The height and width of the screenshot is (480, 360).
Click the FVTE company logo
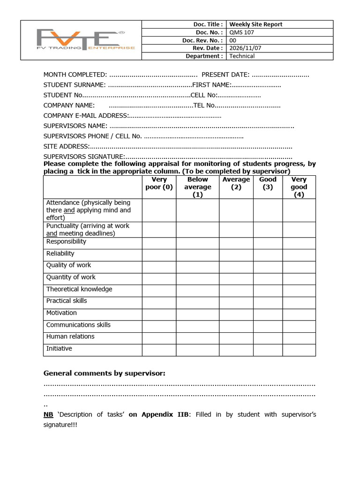coord(81,40)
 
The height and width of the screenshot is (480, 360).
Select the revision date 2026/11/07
coord(245,48)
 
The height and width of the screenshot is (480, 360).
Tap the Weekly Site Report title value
coord(255,24)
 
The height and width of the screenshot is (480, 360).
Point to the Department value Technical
coord(242,56)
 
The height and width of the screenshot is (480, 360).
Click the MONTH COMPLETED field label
coord(75,75)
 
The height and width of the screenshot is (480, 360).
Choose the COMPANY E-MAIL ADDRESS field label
coord(85,115)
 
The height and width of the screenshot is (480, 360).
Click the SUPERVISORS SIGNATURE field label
coord(84,157)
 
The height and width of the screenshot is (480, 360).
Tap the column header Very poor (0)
coord(159,183)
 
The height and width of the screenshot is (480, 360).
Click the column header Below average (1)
coord(197,187)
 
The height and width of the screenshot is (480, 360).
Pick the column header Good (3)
coord(268,183)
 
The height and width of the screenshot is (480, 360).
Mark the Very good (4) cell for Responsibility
coord(299,243)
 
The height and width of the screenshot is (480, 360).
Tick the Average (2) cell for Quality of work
coord(236,267)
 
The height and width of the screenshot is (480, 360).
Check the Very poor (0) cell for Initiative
coord(159,350)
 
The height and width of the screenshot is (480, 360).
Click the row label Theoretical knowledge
coord(79,289)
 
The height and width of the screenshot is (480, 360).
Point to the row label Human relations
coord(70,337)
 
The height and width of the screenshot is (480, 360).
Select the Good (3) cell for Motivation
coord(268,315)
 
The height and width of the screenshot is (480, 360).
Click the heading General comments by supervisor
coord(104,373)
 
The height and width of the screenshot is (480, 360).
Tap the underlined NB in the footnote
coord(48,414)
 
